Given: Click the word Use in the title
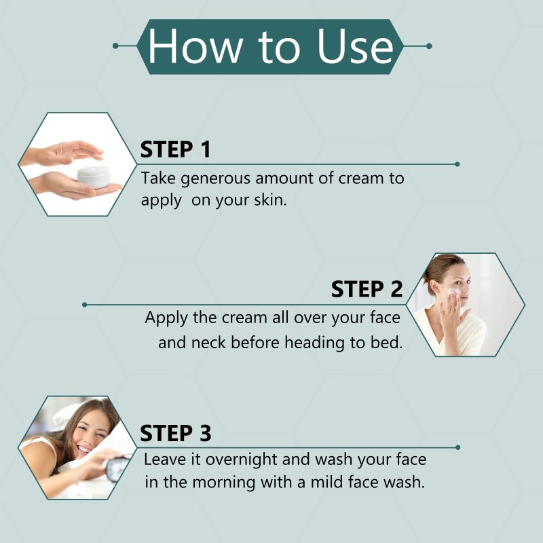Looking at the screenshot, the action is pos(355,47).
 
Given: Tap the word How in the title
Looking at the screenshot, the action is pos(195,47).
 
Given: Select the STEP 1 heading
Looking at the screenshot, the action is pos(175,149).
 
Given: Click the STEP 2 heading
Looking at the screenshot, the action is pos(367,289).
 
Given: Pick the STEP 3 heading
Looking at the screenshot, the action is pos(175,433).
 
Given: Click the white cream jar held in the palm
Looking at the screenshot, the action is pos(94,177).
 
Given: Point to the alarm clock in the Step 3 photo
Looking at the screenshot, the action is pos(116,468).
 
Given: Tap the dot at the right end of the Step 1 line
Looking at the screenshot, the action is pos(457,164).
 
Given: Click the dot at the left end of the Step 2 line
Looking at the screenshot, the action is pos(84,305).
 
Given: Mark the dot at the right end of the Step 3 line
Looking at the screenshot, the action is pos(457,447).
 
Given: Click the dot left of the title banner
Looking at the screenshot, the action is pos(115,46).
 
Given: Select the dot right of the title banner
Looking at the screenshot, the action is pos(429,46).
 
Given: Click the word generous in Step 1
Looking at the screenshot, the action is pos(215,179).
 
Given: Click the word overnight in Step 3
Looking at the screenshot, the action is pos(242,460).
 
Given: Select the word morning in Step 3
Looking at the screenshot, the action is pos(223,483).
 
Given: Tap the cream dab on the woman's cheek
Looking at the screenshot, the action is pos(453,293).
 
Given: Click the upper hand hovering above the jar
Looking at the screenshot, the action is pos(66,152).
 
